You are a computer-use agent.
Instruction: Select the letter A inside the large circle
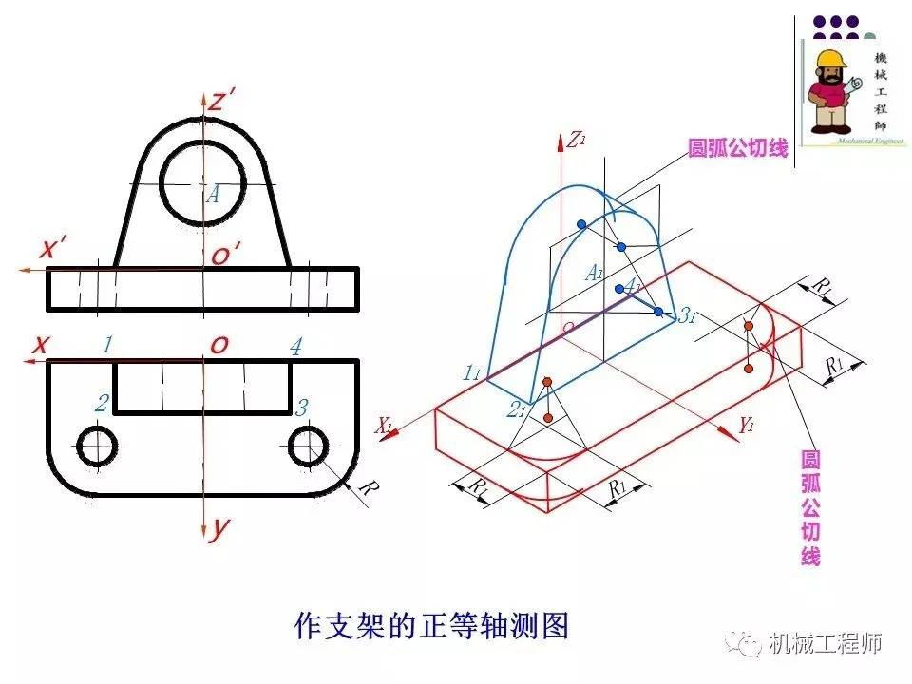tap(214, 194)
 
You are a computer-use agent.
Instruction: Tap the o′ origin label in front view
tap(225, 254)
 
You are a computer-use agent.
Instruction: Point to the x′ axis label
tap(52, 249)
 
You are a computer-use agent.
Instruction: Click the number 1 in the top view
tap(107, 346)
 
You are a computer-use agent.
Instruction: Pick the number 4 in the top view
tap(295, 347)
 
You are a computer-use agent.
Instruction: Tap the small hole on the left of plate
tap(97, 446)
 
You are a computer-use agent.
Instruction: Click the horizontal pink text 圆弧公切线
tap(738, 148)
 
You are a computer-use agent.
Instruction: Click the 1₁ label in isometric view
tap(471, 373)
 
